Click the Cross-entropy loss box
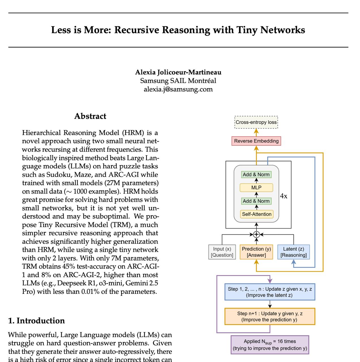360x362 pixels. tap(256, 122)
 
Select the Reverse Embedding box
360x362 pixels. tap(256, 141)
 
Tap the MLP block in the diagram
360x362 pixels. tap(256, 188)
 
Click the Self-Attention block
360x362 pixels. tap(256, 214)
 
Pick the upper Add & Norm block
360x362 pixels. tap(256, 174)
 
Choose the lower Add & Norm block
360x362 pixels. tap(256, 201)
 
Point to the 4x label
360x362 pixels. tap(284, 196)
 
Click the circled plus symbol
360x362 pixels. tap(256, 234)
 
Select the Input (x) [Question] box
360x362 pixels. tap(222, 252)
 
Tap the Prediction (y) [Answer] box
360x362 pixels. tap(256, 252)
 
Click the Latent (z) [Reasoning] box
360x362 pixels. tap(293, 252)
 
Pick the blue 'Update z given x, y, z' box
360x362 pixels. tap(269, 292)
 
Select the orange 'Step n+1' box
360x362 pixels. tap(269, 316)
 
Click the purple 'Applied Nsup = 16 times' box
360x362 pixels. tap(269, 345)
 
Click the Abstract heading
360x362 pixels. tap(90, 116)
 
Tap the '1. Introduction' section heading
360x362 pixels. tap(37, 321)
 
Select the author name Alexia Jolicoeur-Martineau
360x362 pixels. tap(178, 72)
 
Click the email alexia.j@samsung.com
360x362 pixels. tap(178, 89)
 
